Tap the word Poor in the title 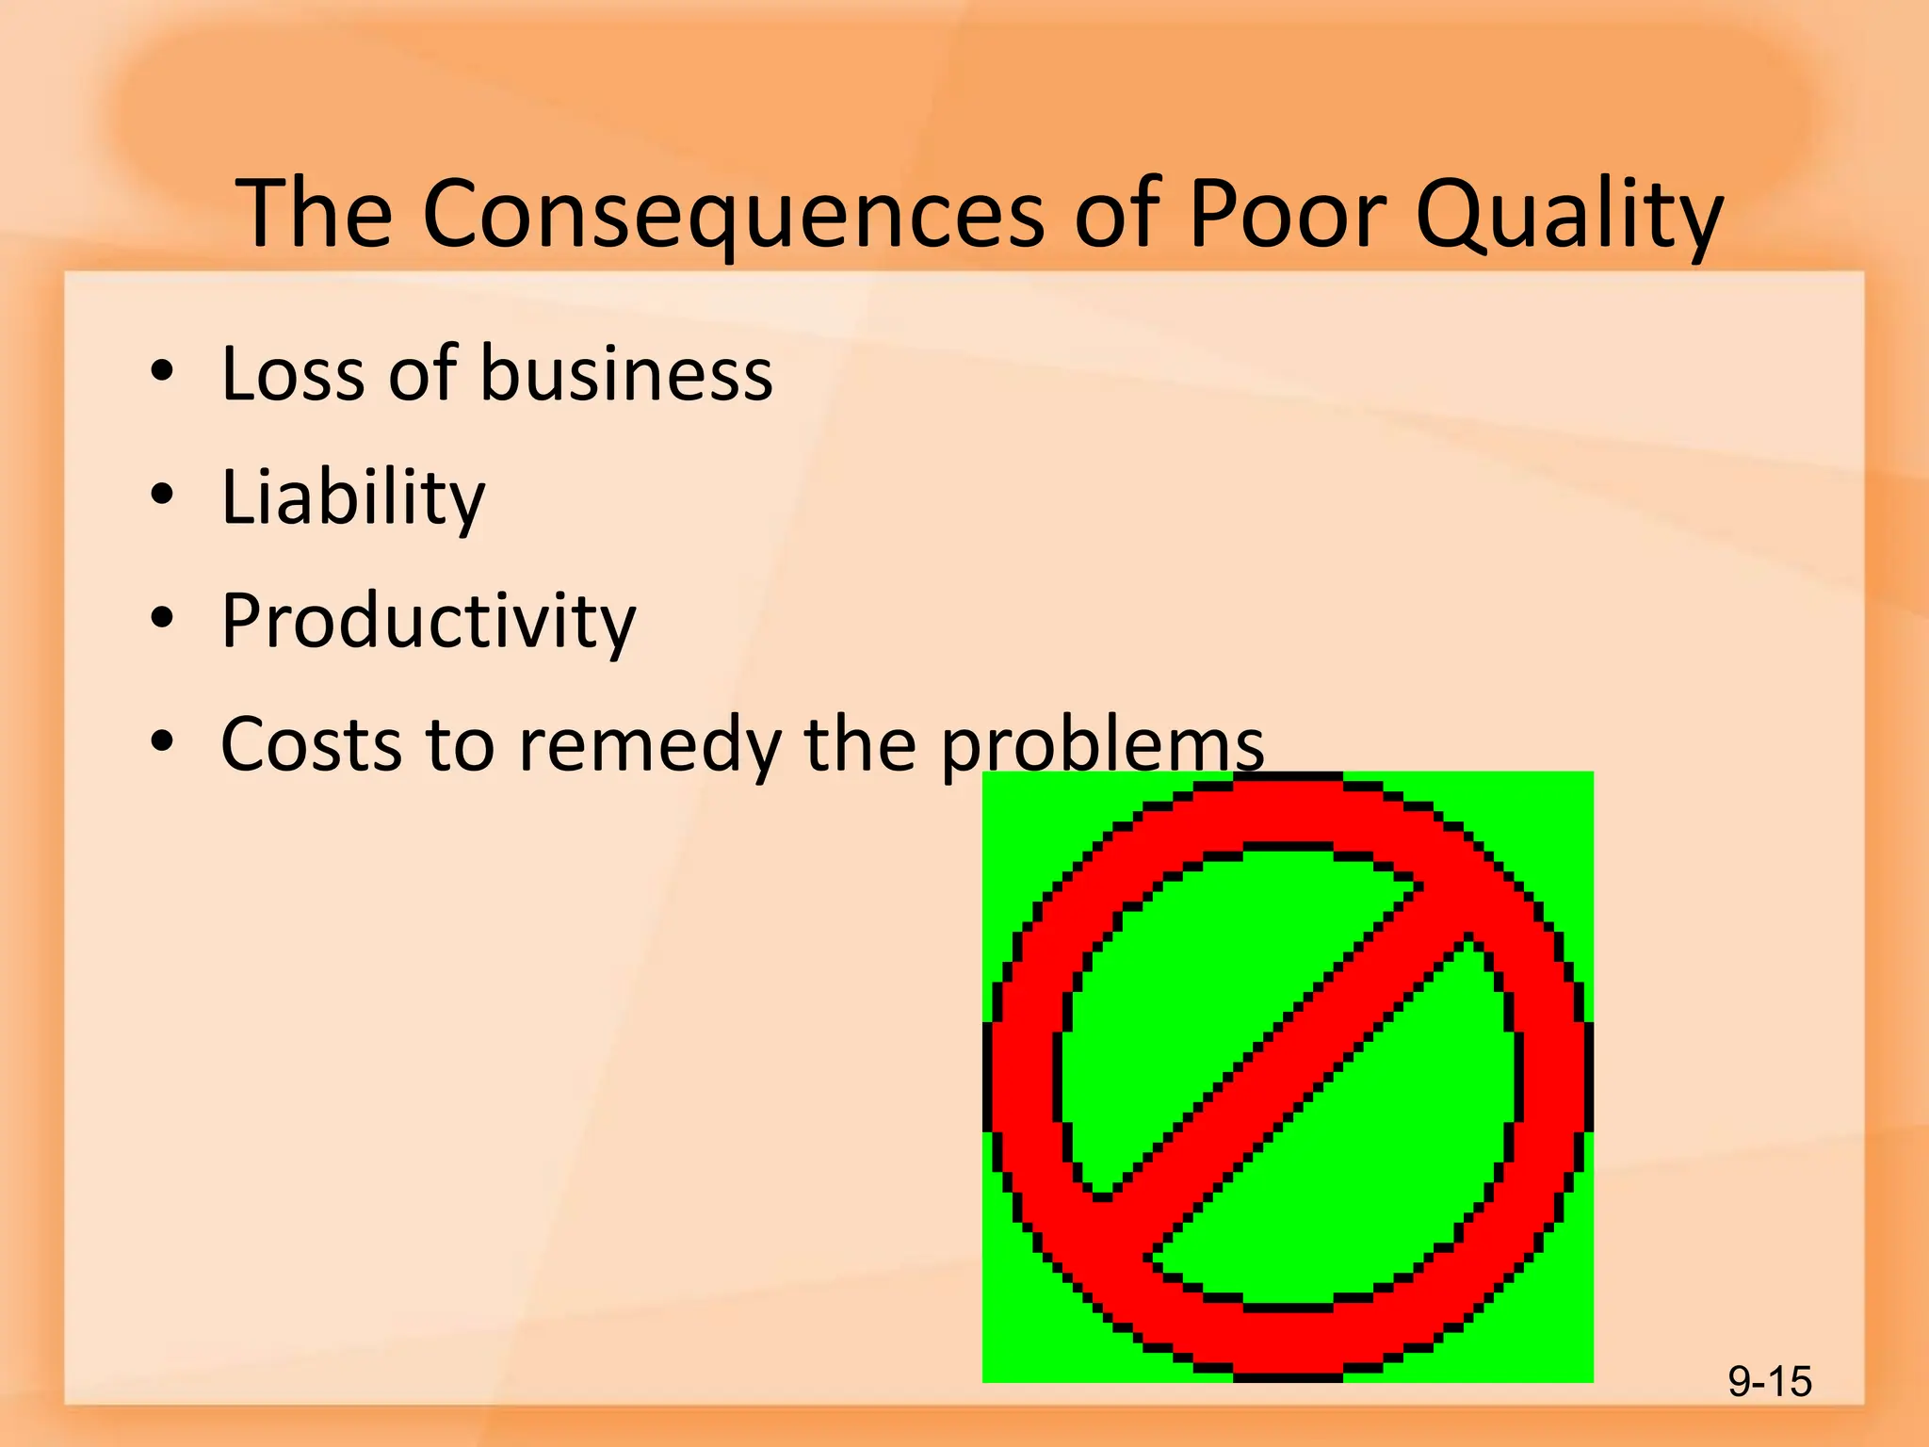point(1288,215)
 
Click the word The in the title point(314,215)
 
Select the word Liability point(352,497)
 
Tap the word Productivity point(429,622)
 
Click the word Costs point(309,745)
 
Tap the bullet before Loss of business point(162,371)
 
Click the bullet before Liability point(162,495)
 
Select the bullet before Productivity point(162,618)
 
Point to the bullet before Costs point(162,741)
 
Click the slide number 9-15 point(1769,1382)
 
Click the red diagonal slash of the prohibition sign point(1287,1074)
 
